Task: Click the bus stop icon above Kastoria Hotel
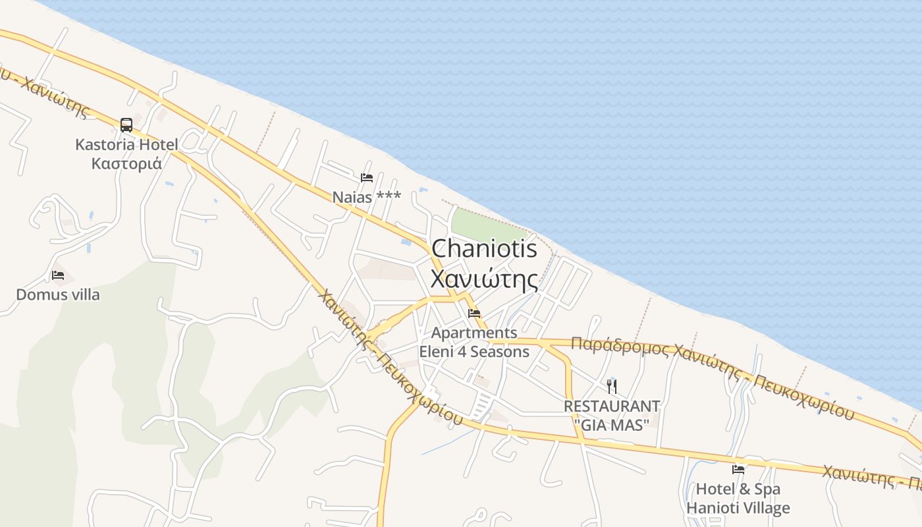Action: tap(126, 125)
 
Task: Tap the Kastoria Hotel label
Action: tap(126, 144)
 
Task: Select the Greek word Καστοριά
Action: tap(126, 163)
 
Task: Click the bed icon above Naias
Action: tap(367, 177)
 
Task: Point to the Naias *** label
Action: tap(366, 197)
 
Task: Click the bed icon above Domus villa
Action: tap(58, 275)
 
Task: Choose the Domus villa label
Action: tap(58, 294)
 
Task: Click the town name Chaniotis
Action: tap(484, 249)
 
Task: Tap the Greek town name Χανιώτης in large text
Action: tap(484, 278)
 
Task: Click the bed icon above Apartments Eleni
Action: tap(474, 313)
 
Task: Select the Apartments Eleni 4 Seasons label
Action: tap(474, 342)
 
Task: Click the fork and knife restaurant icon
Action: tap(612, 385)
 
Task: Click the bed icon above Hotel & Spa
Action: tap(738, 470)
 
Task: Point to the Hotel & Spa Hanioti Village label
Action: tap(738, 499)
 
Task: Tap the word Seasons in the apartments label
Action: tap(500, 352)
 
